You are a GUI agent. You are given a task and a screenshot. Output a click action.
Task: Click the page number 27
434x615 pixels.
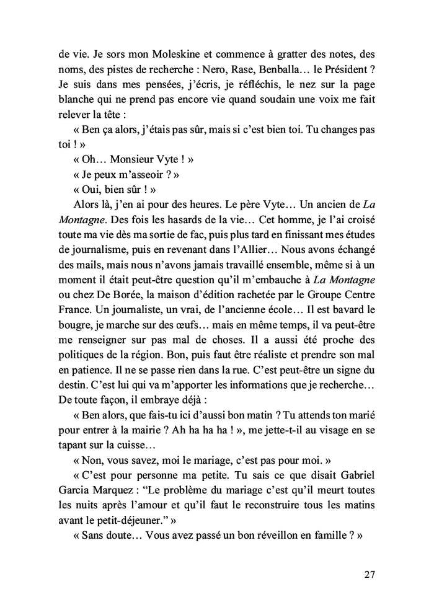(x=369, y=574)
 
